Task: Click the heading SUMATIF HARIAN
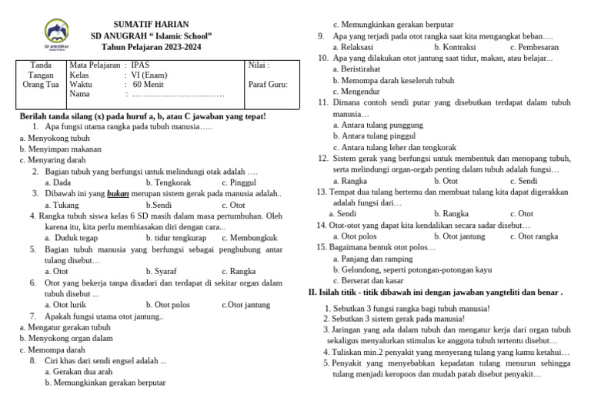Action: coord(151,25)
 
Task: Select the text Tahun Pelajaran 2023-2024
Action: coord(151,48)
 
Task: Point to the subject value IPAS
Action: coord(141,65)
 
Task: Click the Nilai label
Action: coord(259,65)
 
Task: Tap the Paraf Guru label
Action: coord(268,85)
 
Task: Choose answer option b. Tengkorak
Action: coord(168,182)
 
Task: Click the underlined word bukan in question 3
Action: coord(118,194)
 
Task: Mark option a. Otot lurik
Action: coord(65,305)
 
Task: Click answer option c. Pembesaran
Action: coord(534,47)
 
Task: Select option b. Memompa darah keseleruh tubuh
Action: coord(393,80)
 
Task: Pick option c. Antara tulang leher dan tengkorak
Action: coord(394,147)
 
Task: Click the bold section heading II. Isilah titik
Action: coord(435,293)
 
